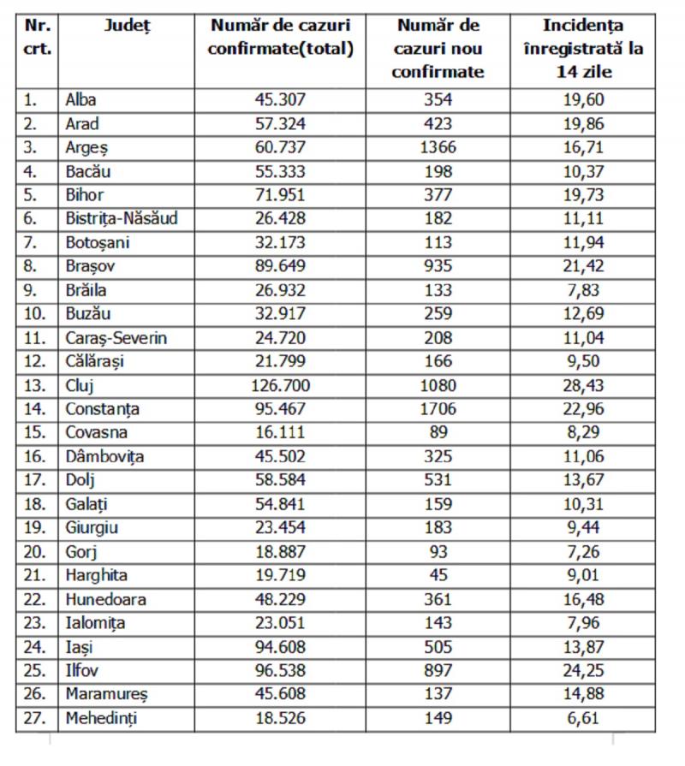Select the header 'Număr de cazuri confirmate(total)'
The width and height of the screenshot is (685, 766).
point(282,38)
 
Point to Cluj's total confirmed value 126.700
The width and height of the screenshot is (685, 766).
point(282,385)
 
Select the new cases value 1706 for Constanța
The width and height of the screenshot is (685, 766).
point(438,409)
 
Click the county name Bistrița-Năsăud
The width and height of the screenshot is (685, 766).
point(122,218)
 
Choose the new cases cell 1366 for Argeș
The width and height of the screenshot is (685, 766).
point(438,147)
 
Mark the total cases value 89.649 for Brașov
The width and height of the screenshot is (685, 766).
point(282,266)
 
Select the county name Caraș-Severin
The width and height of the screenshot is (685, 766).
point(116,337)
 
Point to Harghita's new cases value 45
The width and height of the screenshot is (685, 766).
point(438,575)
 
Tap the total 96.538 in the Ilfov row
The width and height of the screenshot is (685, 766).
point(282,670)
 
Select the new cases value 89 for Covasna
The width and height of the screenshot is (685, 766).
point(438,433)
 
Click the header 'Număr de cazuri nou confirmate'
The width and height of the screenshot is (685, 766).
point(438,49)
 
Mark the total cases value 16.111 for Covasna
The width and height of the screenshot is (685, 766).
point(282,433)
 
